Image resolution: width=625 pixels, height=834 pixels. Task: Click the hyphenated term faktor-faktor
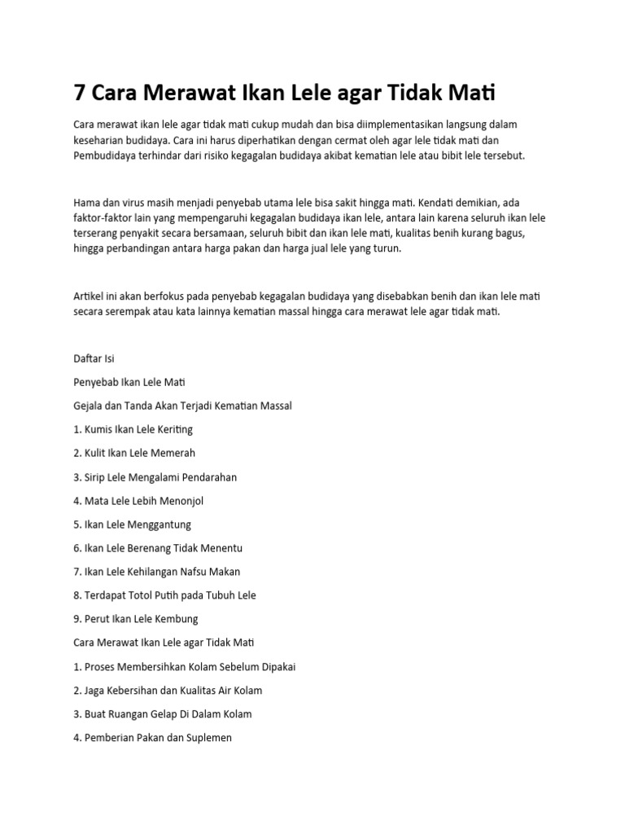pyautogui.click(x=106, y=219)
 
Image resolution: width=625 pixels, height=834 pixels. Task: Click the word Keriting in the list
pyautogui.click(x=173, y=429)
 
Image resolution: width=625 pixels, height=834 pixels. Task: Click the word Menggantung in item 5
pyautogui.click(x=161, y=525)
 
